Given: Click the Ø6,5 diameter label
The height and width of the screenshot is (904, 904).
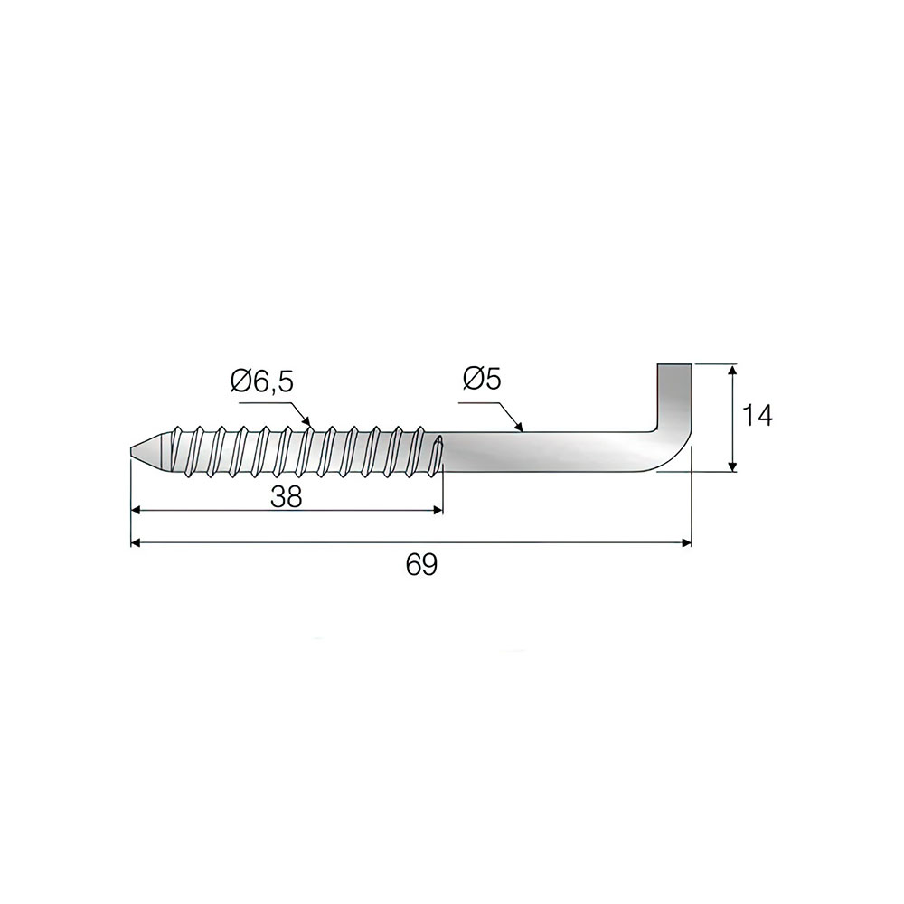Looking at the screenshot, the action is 261,381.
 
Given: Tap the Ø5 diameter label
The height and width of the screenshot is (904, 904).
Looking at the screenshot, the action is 482,380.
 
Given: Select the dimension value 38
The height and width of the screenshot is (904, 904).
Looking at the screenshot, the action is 287,496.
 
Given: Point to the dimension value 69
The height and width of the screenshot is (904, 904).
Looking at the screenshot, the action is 421,564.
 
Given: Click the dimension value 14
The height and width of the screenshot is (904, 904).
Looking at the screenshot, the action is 757,415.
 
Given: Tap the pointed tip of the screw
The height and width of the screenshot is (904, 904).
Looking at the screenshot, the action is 129,450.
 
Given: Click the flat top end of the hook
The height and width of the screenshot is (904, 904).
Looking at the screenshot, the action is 674,365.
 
